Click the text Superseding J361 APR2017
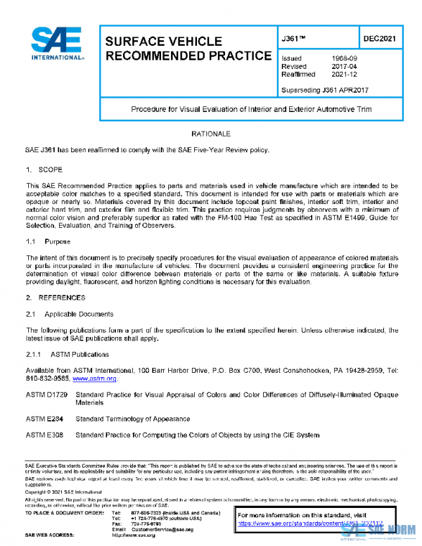(x=324, y=90)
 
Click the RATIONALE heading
(x=210, y=133)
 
